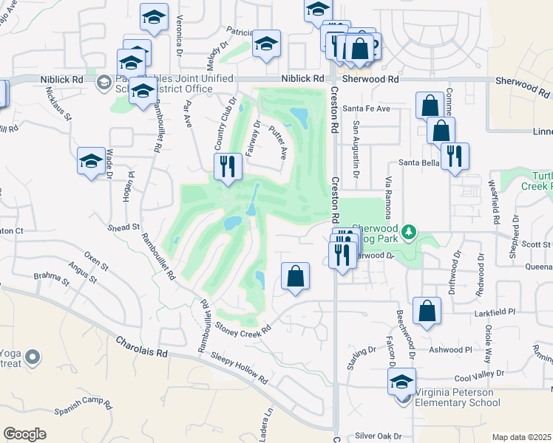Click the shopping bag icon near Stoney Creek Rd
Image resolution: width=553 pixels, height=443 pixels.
point(295,277)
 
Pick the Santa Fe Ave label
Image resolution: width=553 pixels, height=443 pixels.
point(370,109)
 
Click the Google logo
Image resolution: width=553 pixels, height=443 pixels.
point(25,434)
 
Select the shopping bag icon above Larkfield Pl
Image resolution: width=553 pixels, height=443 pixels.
point(427,310)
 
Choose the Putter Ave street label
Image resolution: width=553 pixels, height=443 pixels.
point(279,142)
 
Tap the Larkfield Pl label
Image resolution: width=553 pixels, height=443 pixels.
point(494,313)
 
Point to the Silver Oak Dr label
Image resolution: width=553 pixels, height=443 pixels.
point(378,436)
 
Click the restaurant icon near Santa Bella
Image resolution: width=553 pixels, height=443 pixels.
point(454,156)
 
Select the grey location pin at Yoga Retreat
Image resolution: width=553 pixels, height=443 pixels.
point(32,358)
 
